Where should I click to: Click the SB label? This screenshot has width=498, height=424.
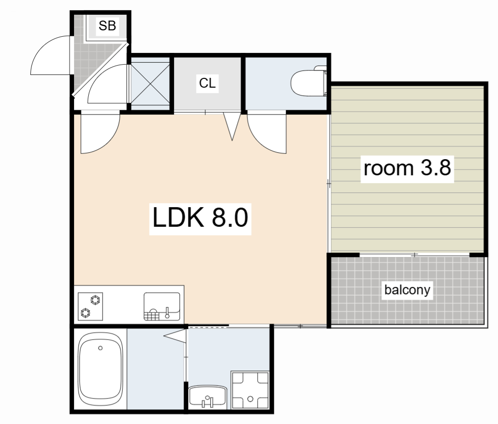click(x=107, y=25)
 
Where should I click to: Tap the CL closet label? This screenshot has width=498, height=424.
click(x=207, y=83)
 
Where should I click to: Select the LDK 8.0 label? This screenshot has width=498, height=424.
click(x=200, y=217)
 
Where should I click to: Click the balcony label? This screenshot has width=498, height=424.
click(x=407, y=289)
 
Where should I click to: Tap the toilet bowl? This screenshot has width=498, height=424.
click(x=308, y=82)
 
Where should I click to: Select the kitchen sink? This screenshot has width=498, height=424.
click(x=162, y=306)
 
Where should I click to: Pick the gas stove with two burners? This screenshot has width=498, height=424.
click(x=90, y=306)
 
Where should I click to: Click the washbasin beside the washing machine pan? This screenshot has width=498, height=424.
click(x=208, y=397)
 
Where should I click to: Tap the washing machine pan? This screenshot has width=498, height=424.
click(x=250, y=390)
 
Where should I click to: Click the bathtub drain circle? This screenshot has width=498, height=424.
click(x=100, y=348)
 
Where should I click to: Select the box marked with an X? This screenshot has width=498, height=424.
click(x=150, y=83)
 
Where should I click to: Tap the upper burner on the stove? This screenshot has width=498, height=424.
click(x=95, y=299)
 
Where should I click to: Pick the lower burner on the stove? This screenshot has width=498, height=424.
click(x=85, y=313)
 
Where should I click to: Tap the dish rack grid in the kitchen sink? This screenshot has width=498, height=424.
click(x=152, y=316)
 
